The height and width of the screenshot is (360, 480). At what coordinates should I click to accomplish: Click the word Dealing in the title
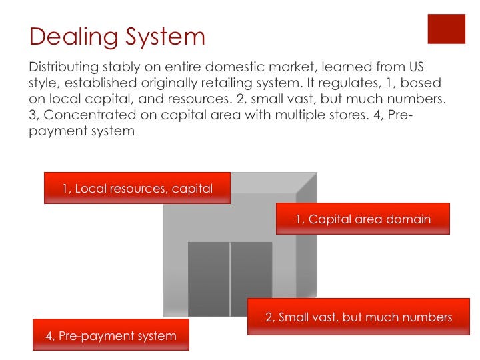click(x=73, y=37)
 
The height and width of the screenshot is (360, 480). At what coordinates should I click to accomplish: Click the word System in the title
click(x=165, y=37)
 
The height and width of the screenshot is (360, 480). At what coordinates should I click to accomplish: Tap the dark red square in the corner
click(x=446, y=29)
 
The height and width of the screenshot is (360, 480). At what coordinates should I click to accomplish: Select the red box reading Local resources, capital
click(x=137, y=188)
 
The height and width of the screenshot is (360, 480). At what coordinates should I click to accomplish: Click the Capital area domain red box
click(x=363, y=219)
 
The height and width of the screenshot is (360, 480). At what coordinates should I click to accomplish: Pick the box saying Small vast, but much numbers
click(x=359, y=317)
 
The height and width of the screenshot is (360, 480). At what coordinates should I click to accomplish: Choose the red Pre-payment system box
click(x=111, y=335)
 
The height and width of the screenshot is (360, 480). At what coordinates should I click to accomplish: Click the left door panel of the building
click(x=209, y=279)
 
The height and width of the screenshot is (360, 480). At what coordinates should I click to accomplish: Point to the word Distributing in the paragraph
click(x=64, y=67)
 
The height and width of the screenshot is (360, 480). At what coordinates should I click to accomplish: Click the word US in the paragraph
click(x=416, y=67)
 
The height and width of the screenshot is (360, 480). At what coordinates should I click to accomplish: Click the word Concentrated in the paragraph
click(x=90, y=115)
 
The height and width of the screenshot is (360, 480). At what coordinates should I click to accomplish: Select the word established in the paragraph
click(x=101, y=83)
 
